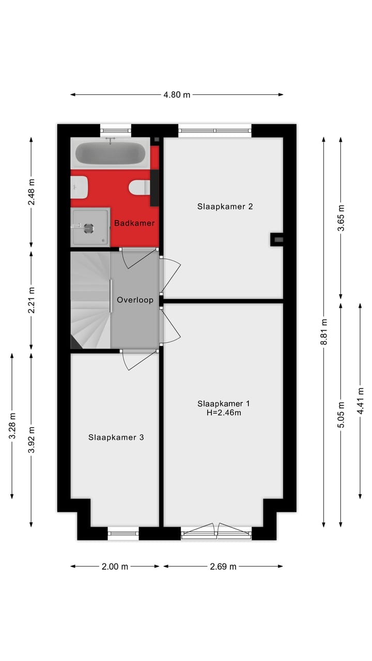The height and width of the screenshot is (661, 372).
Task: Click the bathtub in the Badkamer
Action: point(111,153)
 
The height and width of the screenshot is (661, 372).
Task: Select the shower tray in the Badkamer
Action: point(90,226)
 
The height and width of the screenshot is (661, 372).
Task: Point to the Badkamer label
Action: point(134,223)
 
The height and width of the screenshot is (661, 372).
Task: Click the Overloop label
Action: point(135,300)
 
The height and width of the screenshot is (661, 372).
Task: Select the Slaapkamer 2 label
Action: point(225,207)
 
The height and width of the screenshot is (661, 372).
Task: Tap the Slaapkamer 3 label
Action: point(116,437)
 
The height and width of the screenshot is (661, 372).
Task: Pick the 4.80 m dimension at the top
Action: point(177,95)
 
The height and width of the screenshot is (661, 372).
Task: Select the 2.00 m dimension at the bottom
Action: point(115,566)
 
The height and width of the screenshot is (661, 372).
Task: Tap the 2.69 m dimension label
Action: point(223,566)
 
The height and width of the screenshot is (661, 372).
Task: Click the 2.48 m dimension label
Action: point(32,192)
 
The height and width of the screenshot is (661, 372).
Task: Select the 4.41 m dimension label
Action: point(360,401)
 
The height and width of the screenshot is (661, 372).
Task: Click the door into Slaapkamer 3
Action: point(138,359)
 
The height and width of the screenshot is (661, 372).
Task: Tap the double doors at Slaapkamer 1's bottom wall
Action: point(216,530)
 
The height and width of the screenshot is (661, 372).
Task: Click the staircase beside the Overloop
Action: point(90,300)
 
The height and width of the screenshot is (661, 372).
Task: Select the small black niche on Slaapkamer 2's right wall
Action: point(277,239)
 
